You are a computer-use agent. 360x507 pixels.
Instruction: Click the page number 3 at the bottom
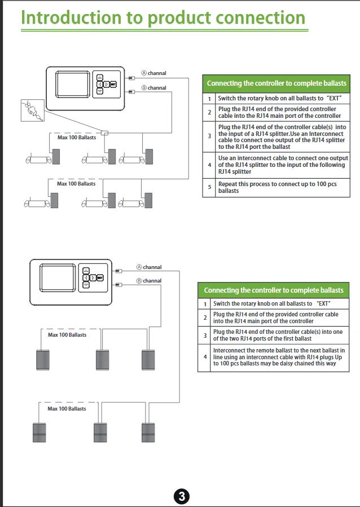(181, 497)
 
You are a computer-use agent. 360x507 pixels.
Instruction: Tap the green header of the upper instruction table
(276, 83)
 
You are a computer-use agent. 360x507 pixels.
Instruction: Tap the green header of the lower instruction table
(273, 290)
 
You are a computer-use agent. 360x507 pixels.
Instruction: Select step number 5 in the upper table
(209, 187)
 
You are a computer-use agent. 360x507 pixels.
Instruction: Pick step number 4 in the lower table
(205, 357)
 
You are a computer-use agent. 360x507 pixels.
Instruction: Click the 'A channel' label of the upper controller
(153, 73)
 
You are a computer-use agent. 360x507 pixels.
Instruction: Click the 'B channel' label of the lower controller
(149, 281)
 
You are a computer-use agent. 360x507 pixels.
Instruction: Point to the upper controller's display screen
(71, 89)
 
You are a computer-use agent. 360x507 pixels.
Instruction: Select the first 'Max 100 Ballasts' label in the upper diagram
(77, 138)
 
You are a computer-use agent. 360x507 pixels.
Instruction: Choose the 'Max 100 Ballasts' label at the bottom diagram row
(67, 408)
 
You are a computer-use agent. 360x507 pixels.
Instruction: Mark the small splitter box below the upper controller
(104, 133)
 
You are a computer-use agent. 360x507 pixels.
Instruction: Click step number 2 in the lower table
(205, 318)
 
